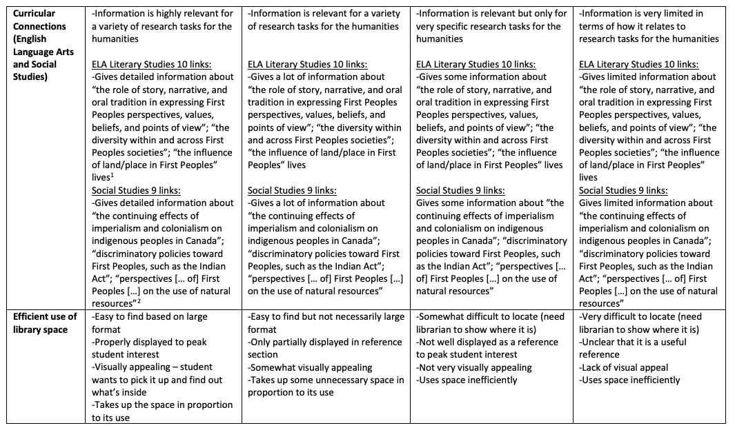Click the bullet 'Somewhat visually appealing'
[310, 367]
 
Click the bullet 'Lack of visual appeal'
[624, 367]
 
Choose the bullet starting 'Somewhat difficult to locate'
[490, 322]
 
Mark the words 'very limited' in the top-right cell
[677, 14]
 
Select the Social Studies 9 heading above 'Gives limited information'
[623, 190]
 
